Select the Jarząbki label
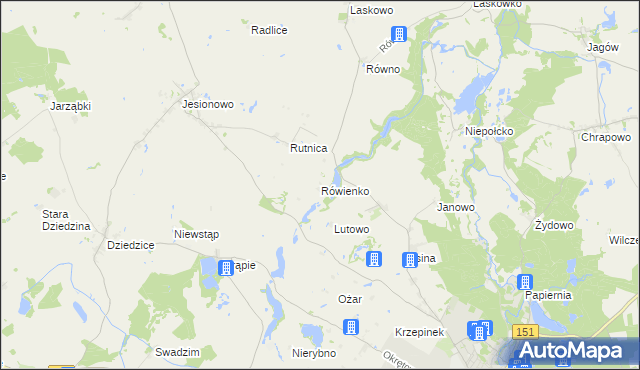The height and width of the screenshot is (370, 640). tap(70, 104)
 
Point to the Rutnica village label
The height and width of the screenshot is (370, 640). tap(308, 148)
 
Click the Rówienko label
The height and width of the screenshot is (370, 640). tap(345, 190)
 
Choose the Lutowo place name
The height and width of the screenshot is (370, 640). tap(351, 229)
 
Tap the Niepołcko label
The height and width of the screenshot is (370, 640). tap(489, 131)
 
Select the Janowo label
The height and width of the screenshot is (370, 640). tap(455, 207)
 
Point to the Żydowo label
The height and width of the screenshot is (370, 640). tap(554, 225)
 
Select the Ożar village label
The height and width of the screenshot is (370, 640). tap(349, 300)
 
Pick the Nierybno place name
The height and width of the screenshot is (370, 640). tap(313, 353)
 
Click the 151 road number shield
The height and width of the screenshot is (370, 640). tap(526, 331)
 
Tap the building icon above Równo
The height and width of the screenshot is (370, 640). tap(398, 34)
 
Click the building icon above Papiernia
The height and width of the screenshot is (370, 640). tap(524, 282)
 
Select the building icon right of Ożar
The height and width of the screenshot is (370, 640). tap(350, 327)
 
